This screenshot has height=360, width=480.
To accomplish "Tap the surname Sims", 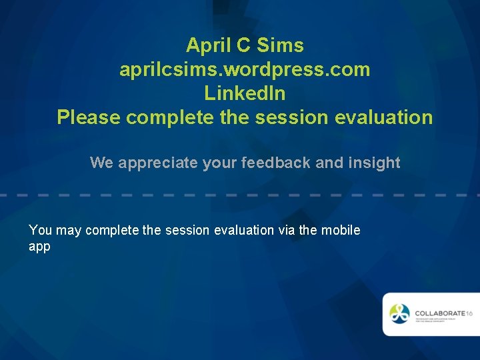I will (280, 45).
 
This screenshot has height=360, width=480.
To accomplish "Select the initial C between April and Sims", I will (243, 45).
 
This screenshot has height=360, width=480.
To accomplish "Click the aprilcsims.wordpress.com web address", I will (245, 69).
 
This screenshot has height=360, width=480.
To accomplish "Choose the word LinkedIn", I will (245, 93).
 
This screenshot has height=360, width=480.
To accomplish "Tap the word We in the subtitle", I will (102, 163).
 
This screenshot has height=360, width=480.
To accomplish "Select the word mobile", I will (341, 230).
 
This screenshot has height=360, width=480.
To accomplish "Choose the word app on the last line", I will (39, 247).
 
